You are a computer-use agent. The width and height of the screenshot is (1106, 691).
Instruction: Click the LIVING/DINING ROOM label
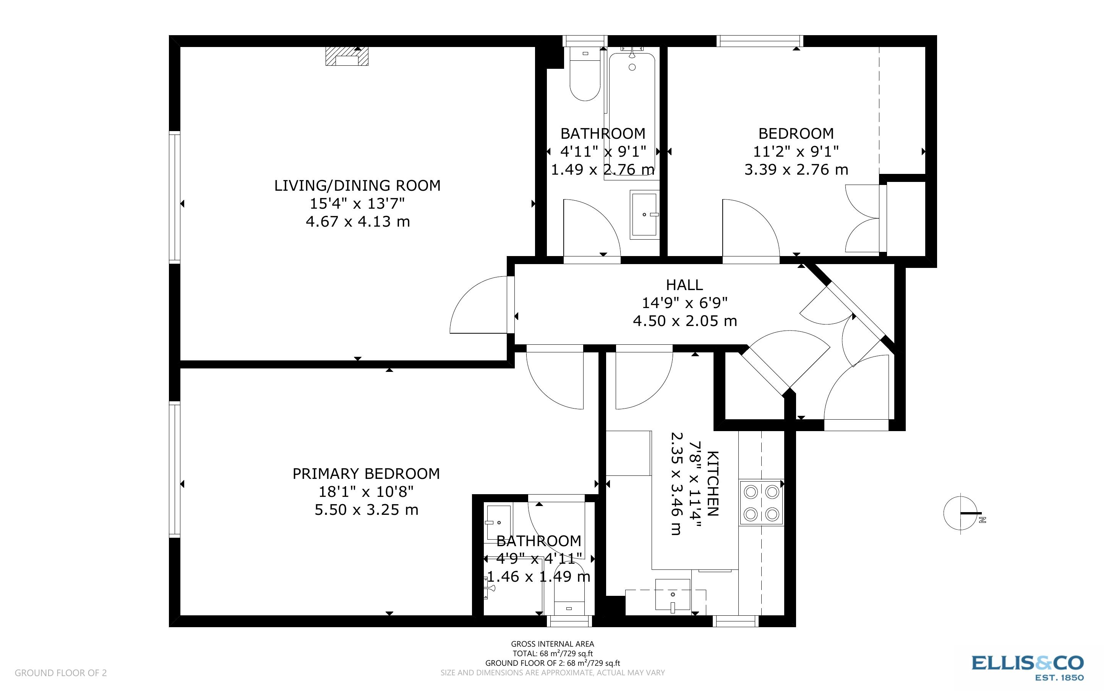click(357, 185)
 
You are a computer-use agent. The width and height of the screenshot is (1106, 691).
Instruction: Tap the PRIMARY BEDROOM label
click(366, 474)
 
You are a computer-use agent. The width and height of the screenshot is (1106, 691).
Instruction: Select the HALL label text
click(684, 285)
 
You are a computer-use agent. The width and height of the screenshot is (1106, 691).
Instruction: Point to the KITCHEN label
click(713, 483)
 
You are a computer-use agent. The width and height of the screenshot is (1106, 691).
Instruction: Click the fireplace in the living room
click(347, 56)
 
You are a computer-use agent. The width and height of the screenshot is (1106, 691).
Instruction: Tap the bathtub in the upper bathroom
click(632, 117)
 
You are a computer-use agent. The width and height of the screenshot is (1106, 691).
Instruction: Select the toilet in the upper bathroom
click(585, 74)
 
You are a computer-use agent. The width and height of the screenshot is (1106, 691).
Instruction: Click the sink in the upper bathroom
click(644, 214)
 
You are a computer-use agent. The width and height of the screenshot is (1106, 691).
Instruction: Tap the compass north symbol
click(961, 513)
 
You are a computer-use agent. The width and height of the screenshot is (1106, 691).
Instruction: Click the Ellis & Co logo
click(1027, 668)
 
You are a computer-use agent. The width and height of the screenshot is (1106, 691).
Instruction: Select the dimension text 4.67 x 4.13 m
click(358, 222)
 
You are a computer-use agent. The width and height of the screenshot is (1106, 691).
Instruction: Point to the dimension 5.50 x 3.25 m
click(367, 509)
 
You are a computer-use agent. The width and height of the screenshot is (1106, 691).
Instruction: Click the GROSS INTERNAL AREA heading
click(552, 644)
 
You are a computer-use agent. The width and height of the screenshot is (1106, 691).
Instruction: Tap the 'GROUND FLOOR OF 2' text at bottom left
click(61, 673)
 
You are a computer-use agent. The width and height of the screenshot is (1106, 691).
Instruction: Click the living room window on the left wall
click(175, 197)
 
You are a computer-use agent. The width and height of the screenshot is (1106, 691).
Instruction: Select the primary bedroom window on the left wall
click(175, 469)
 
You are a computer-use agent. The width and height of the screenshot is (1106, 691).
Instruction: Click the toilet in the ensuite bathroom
click(569, 590)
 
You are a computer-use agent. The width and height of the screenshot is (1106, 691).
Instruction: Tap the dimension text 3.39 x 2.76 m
click(796, 170)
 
